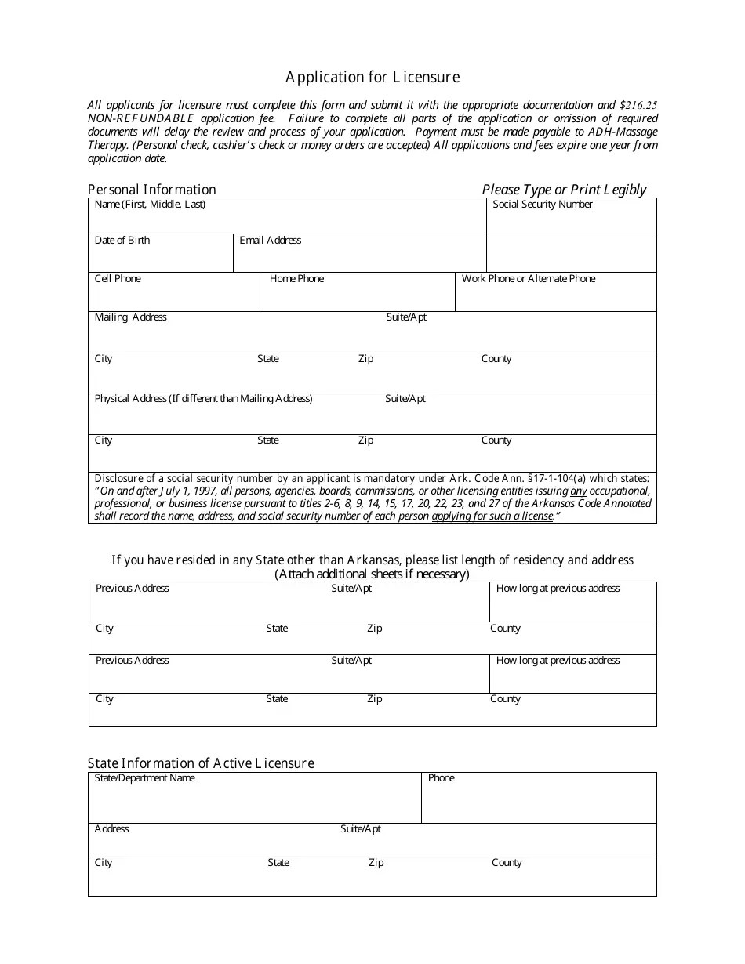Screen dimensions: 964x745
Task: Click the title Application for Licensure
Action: tap(372, 77)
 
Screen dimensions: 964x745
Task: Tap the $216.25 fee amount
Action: tap(638, 105)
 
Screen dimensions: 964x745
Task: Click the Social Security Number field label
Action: tap(543, 205)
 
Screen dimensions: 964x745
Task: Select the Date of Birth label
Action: tap(122, 241)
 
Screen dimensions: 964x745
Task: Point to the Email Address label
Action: tap(270, 241)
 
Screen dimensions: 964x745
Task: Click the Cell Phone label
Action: tap(118, 279)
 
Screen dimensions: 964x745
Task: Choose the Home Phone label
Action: tap(296, 279)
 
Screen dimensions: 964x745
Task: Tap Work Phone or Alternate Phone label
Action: tap(529, 279)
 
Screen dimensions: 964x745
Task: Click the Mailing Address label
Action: tap(130, 317)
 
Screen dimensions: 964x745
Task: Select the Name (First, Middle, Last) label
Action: tap(150, 205)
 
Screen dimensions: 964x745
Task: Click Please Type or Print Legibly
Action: tap(564, 190)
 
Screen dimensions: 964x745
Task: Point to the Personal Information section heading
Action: tap(151, 190)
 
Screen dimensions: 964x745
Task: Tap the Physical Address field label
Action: tap(203, 399)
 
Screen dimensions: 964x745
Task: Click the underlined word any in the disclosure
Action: tap(578, 491)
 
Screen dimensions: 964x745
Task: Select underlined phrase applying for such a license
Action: tap(492, 516)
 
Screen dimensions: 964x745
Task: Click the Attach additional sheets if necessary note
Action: tap(372, 574)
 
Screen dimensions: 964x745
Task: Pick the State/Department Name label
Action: tap(144, 778)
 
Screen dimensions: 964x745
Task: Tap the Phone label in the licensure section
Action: tap(441, 778)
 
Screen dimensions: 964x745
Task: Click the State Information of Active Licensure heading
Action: tap(201, 763)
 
